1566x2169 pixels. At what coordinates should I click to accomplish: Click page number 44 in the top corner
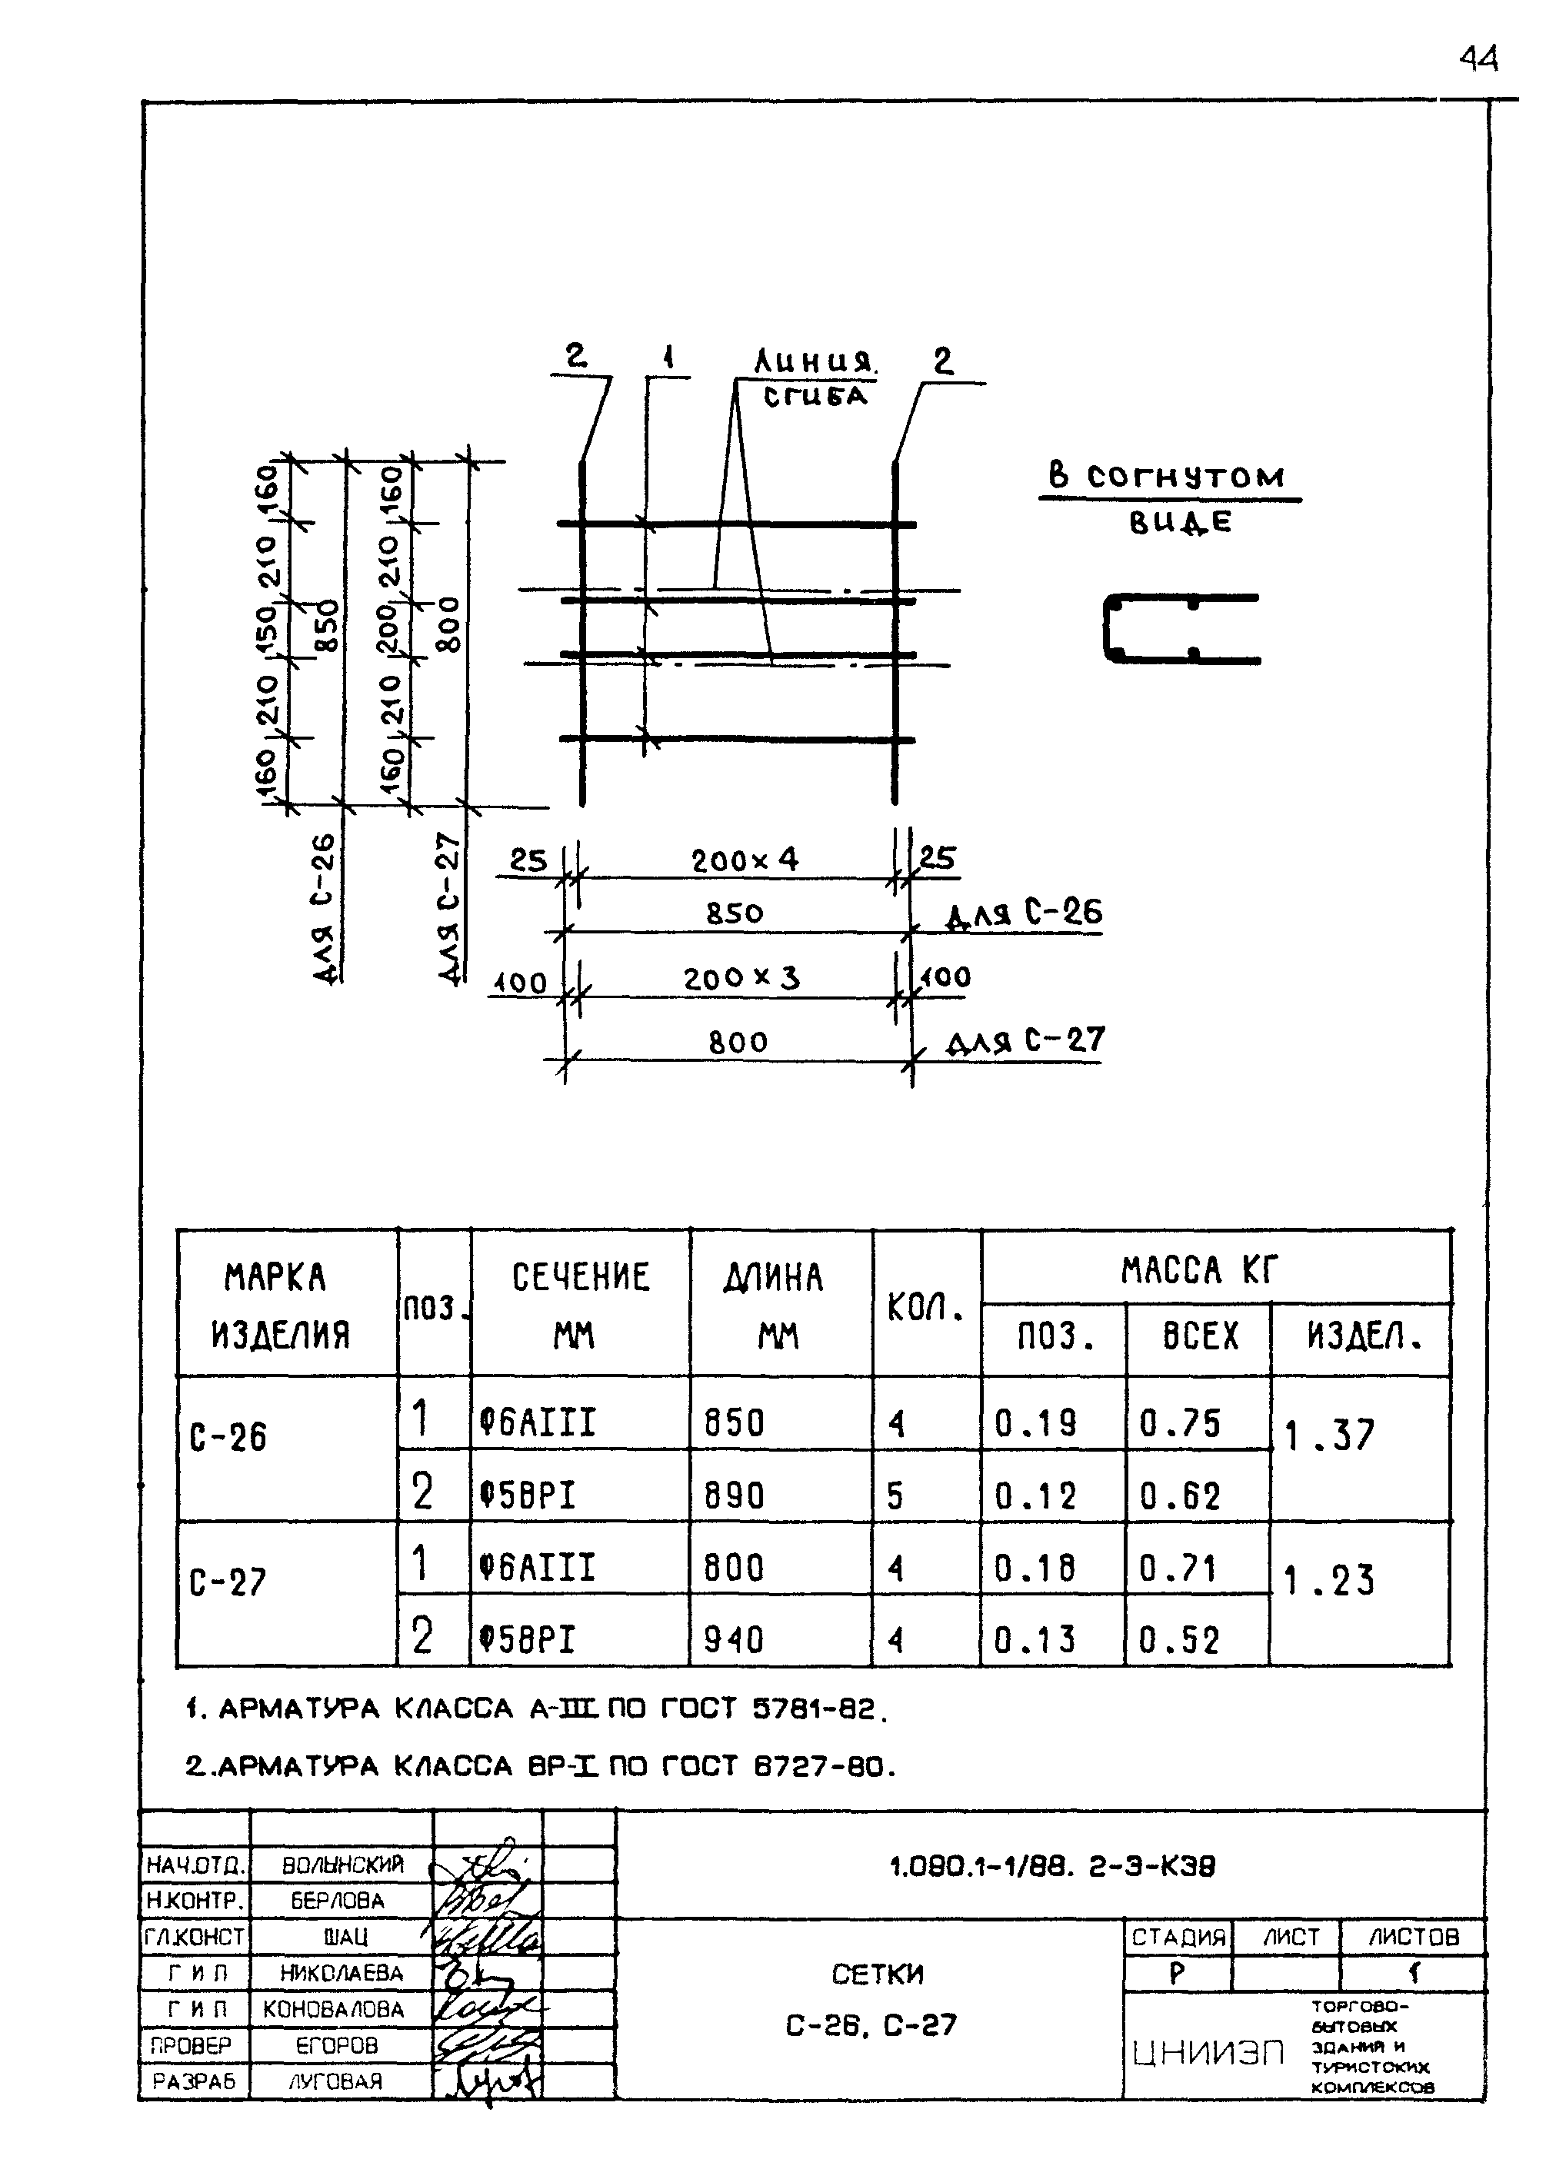coord(1478,59)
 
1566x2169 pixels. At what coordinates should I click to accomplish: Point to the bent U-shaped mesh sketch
coord(1181,628)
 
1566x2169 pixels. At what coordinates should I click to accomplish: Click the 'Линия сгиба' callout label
coord(815,378)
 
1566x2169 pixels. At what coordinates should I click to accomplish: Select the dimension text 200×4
coord(745,860)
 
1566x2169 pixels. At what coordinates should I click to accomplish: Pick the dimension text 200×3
coord(741,978)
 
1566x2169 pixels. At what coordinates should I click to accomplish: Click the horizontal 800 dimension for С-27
coord(738,1042)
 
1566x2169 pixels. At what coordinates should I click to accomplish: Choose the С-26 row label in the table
coord(229,1437)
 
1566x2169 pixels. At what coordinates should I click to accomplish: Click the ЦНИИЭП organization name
coord(1208,2053)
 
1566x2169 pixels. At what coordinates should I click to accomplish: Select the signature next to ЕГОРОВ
coord(486,2046)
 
